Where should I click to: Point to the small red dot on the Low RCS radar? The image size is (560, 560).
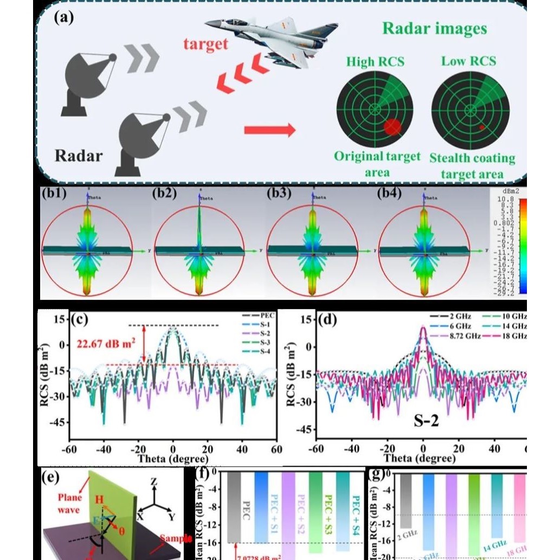click(x=481, y=127)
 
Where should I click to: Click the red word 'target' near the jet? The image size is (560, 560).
click(x=205, y=43)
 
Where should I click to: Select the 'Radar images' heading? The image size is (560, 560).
click(x=434, y=28)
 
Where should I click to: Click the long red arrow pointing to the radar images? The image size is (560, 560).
click(x=269, y=130)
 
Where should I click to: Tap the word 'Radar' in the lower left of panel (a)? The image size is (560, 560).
click(x=79, y=156)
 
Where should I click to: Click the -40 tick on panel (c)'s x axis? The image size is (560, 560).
click(x=104, y=449)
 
